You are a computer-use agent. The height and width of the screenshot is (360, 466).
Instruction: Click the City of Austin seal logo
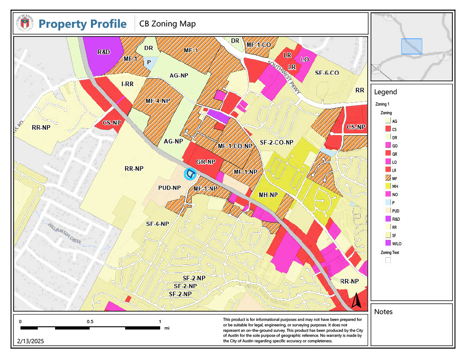coord(25,23)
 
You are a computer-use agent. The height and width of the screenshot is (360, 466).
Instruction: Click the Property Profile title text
coord(82,24)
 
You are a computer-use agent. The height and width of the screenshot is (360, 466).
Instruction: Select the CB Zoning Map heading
coord(167,24)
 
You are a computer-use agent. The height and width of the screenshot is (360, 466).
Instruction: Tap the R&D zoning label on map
coord(104,52)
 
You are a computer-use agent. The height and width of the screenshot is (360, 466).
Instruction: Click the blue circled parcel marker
coord(190,173)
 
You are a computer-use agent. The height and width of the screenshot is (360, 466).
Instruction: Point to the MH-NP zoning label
coord(268,195)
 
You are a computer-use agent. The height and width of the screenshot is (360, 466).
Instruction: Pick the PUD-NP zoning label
coord(170,188)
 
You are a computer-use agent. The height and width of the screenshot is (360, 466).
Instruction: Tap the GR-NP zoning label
coord(206,162)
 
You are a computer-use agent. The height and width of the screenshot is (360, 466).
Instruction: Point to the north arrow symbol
coord(357,300)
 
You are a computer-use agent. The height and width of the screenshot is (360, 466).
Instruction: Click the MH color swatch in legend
coord(388,186)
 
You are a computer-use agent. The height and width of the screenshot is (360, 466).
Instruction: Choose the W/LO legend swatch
coord(388,243)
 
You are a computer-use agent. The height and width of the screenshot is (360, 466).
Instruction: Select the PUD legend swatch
coord(388,211)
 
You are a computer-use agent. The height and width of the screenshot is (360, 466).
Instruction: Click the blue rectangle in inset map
coord(411,46)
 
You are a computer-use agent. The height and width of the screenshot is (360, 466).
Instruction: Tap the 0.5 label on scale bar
coord(90,322)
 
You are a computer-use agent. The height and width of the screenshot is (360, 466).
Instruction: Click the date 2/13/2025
coord(31,341)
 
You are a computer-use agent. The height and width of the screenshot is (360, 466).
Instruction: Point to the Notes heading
coord(383,312)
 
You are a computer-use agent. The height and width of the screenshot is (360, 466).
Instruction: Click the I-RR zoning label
coord(127,84)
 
